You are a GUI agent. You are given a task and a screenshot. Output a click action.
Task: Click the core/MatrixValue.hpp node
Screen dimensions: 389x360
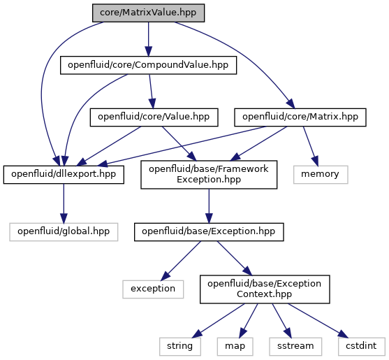(148, 13)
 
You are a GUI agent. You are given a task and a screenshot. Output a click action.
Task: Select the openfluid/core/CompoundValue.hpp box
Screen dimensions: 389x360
(148, 65)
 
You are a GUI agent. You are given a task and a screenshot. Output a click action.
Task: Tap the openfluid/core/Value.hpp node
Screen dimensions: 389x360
(154, 117)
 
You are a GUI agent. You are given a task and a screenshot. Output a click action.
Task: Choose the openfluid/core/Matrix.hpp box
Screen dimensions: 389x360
(300, 117)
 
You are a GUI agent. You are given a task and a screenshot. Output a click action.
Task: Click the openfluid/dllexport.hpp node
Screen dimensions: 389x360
(64, 175)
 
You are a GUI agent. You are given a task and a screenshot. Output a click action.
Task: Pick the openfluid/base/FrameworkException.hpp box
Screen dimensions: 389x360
(209, 175)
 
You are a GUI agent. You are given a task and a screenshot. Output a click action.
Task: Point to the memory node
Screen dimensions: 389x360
(321, 175)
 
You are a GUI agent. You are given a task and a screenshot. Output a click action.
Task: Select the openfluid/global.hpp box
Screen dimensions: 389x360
(64, 232)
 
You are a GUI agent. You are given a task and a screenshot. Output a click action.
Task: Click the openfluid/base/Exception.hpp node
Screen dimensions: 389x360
(209, 232)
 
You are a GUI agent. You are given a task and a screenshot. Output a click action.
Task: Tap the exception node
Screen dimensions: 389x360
(153, 289)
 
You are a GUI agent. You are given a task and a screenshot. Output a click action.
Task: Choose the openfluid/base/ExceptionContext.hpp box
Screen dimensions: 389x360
(265, 289)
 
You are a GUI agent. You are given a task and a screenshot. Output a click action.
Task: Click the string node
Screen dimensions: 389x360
(180, 347)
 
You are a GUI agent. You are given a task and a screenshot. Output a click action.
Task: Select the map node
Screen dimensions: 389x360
(235, 347)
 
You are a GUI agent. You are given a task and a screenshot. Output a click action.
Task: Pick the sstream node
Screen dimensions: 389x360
(295, 347)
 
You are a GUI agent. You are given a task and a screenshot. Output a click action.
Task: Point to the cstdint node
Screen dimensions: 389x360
(362, 347)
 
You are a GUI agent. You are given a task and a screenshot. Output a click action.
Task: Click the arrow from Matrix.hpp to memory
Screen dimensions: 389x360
(310, 146)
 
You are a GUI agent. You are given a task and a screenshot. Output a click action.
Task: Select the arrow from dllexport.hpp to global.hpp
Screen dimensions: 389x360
(64, 203)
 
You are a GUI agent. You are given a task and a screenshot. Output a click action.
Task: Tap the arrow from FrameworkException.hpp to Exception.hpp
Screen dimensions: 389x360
(209, 206)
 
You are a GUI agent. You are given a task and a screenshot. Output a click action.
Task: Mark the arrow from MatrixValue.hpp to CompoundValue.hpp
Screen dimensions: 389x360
(148, 39)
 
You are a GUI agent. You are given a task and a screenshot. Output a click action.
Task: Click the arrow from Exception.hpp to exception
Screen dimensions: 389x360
(181, 261)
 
